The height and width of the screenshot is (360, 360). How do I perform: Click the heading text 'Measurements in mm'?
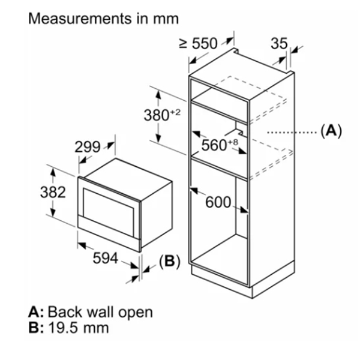pos(103,18)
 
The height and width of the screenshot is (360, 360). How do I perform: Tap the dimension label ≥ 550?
pos(198,43)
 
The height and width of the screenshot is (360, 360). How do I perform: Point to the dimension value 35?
pos(279,43)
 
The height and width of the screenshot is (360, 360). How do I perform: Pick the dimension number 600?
pos(218,202)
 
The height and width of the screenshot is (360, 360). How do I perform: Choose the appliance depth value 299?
pos(87,147)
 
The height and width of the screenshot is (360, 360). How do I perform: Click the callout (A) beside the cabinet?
pos(331,131)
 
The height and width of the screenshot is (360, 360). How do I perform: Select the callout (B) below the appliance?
pos(169,262)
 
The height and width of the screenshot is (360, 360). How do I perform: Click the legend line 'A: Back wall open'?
pos(90,312)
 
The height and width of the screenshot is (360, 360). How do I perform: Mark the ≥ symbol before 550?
pos(183,43)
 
